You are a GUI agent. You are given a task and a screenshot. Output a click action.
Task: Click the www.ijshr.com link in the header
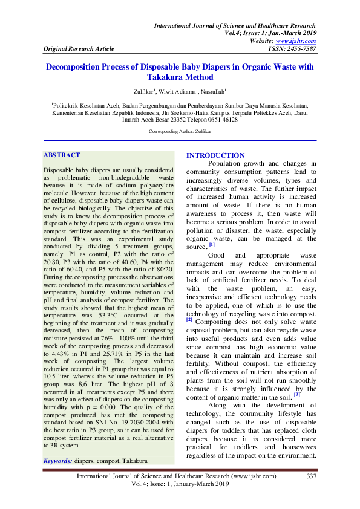[x=300, y=41]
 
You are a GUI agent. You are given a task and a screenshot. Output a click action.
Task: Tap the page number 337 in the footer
[x=312, y=476]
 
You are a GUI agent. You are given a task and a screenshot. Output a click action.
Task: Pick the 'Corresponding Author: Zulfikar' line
[x=180, y=131]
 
